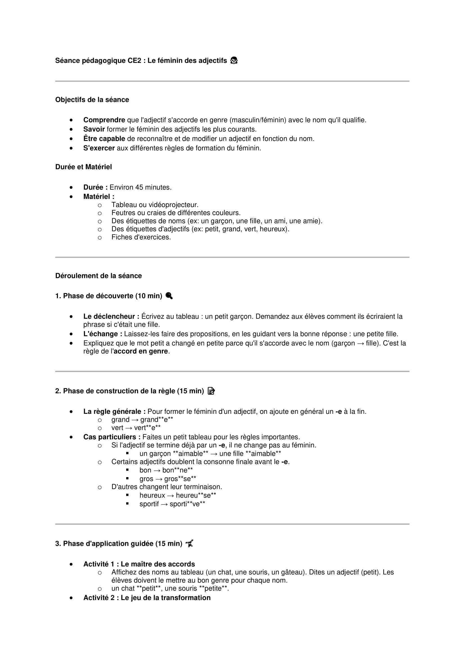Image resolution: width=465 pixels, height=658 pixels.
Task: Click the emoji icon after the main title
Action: click(x=234, y=60)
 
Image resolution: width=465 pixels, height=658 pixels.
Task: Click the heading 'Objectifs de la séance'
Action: click(x=92, y=100)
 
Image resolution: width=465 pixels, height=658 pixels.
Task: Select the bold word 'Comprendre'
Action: click(x=104, y=120)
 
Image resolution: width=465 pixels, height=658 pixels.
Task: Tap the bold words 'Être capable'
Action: click(x=104, y=139)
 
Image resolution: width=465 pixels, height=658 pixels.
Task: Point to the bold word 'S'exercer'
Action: click(x=99, y=148)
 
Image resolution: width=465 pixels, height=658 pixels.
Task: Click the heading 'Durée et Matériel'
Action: click(x=83, y=167)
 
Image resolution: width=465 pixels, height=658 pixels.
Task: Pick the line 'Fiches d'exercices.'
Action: click(x=141, y=237)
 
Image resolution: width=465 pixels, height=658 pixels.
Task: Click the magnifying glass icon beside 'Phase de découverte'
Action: click(x=169, y=296)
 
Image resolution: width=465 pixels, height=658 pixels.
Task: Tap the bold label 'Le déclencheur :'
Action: click(x=111, y=316)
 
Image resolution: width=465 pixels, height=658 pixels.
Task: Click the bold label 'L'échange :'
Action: click(x=103, y=334)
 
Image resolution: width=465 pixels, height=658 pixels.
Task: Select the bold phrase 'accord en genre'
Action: click(x=141, y=351)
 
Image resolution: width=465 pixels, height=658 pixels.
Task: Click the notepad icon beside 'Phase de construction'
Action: click(x=211, y=391)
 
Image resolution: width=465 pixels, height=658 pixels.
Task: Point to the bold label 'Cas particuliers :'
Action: click(x=112, y=437)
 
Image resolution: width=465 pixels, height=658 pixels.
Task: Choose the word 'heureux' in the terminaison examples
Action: click(x=152, y=495)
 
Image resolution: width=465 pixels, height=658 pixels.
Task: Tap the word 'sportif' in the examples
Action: click(x=149, y=504)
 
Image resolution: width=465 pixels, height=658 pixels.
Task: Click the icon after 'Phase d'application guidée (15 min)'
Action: click(x=189, y=544)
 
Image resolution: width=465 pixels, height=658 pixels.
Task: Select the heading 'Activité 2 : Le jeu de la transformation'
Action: click(x=146, y=598)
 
